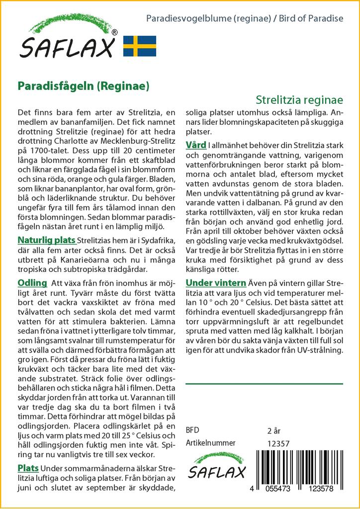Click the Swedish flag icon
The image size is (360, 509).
coord(140,46)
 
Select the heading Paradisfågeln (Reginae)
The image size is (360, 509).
coord(84,85)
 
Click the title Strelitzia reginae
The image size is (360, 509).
coord(300,100)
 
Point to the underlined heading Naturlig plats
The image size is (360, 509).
coord(46,241)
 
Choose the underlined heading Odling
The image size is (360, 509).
coord(32,283)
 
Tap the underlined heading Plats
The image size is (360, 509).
coord(28,468)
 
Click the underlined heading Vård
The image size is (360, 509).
coord(196,145)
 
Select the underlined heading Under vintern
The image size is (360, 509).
coord(215,283)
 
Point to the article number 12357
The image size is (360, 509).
coord(278,443)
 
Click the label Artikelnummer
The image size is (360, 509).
coord(210,443)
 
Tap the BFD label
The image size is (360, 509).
coord(192,430)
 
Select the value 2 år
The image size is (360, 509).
coord(274,430)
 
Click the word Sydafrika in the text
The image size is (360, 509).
coord(154,241)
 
